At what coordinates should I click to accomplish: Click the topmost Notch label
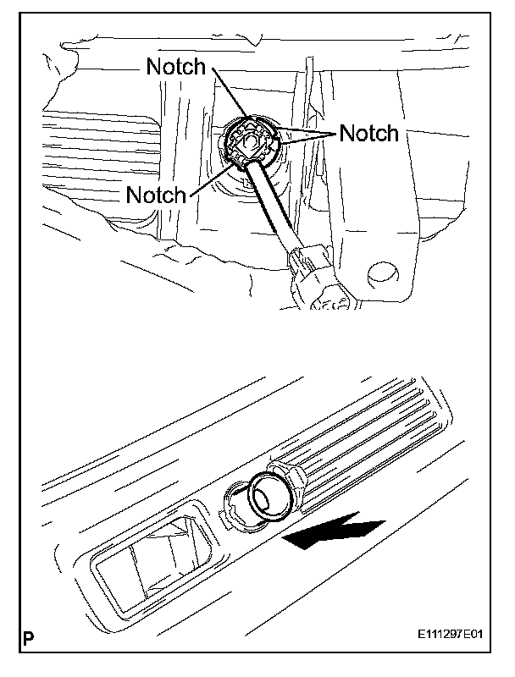click(175, 68)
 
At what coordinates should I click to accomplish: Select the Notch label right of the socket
click(368, 133)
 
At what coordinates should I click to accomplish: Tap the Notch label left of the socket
click(156, 195)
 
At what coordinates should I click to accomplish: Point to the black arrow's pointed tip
click(286, 539)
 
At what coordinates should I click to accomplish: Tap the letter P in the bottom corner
click(29, 655)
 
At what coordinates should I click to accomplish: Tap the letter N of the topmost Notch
click(153, 68)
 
